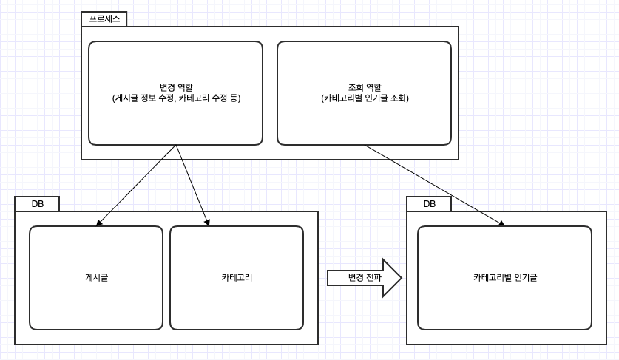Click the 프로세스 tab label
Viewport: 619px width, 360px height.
104,19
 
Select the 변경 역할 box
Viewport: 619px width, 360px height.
175,118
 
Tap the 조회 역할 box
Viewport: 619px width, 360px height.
364,122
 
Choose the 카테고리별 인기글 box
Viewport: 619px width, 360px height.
504,303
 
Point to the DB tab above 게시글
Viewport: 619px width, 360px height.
37,204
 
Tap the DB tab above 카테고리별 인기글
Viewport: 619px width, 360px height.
429,204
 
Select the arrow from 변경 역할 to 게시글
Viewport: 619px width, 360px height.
137,185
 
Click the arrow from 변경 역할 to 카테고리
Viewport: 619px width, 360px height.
192,185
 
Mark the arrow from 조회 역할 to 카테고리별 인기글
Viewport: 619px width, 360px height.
435,185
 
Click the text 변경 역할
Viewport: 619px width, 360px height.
176,86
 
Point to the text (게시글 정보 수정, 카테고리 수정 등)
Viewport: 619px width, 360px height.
176,98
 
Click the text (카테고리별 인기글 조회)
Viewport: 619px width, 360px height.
365,98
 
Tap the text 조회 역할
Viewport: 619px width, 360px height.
365,86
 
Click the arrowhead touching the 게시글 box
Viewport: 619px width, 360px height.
100,222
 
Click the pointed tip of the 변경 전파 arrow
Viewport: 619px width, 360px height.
400,278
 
